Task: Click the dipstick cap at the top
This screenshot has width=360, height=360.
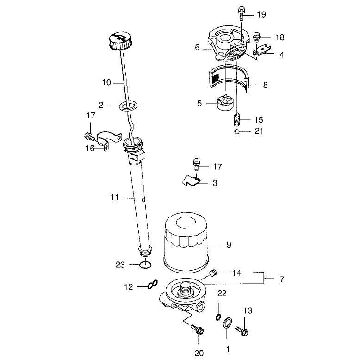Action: (121, 41)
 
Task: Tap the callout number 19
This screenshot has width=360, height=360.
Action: (261, 14)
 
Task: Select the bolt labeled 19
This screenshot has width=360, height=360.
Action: (241, 13)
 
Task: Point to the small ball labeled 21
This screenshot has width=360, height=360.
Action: (236, 132)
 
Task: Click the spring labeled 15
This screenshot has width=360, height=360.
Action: (237, 119)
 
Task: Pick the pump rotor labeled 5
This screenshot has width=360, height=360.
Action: (225, 103)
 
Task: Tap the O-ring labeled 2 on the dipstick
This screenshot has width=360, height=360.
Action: (128, 106)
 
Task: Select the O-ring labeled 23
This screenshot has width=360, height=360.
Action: (146, 265)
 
